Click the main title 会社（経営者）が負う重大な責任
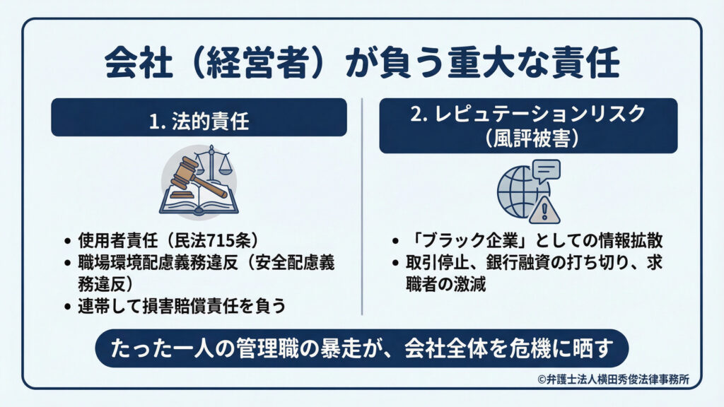[x=362, y=63]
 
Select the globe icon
[x=518, y=191]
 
